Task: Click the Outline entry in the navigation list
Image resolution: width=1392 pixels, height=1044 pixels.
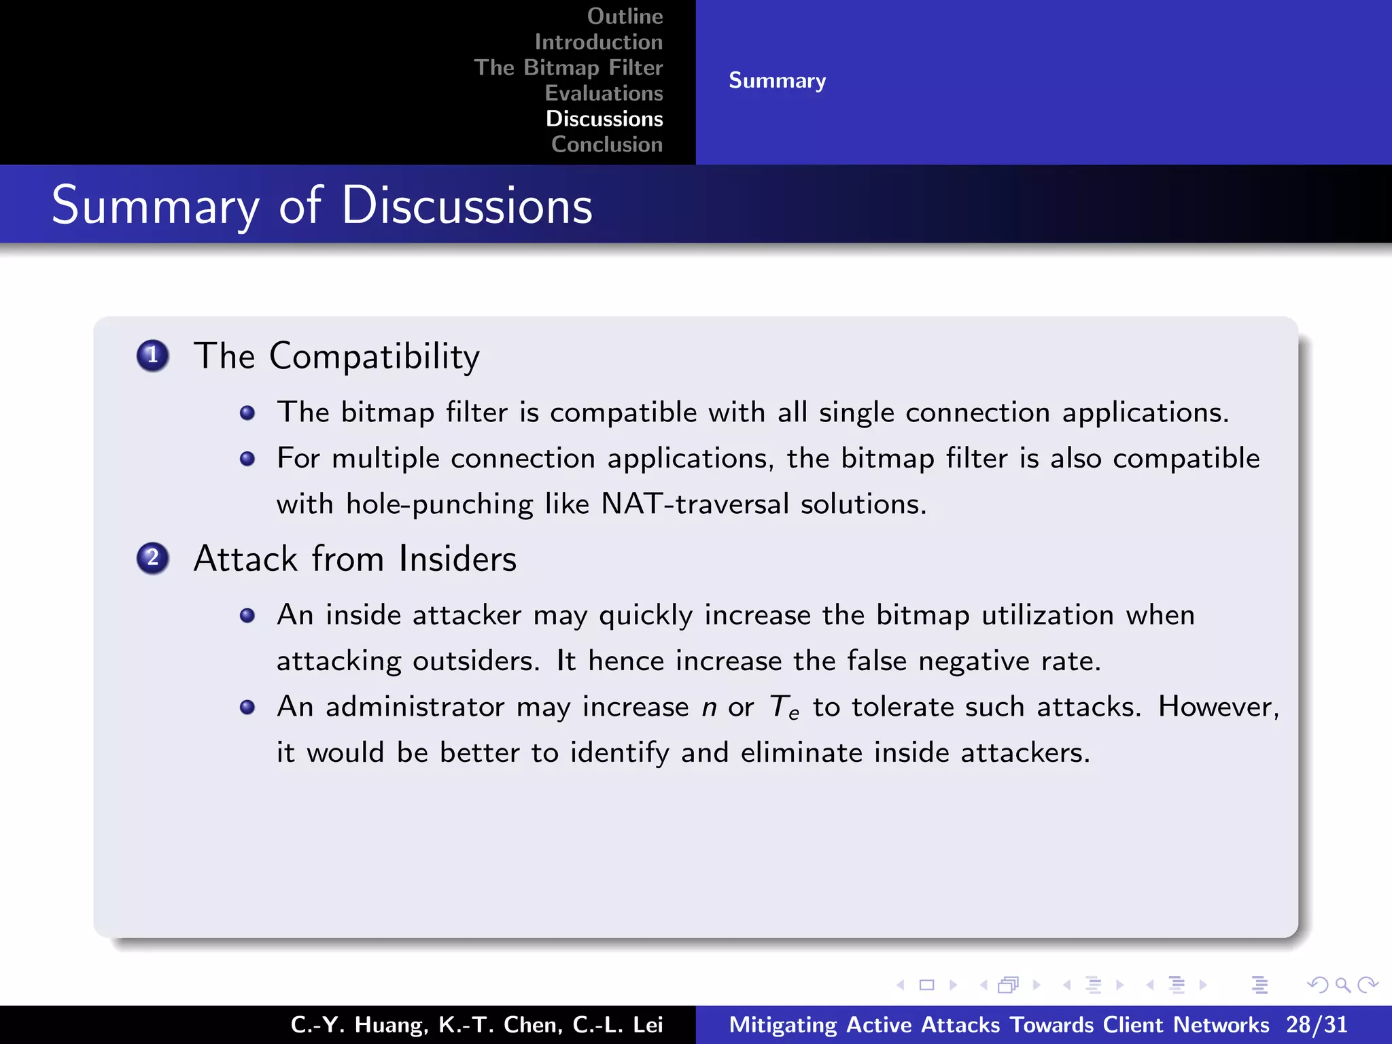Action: pyautogui.click(x=625, y=16)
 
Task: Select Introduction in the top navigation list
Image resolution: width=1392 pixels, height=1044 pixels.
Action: pyautogui.click(x=598, y=42)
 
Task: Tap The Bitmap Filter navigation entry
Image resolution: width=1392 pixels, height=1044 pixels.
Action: pyautogui.click(x=568, y=67)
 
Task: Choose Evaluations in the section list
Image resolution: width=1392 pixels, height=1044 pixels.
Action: pyautogui.click(x=604, y=93)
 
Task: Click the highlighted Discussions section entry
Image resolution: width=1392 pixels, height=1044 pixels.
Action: pyautogui.click(x=604, y=119)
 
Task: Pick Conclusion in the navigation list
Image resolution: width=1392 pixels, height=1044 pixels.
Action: pyautogui.click(x=607, y=145)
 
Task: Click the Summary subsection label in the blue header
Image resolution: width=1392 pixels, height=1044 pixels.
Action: pyautogui.click(x=777, y=81)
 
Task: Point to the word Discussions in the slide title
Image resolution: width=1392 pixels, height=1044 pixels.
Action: pyautogui.click(x=467, y=206)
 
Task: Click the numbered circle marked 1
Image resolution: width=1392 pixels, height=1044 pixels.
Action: pyautogui.click(x=153, y=355)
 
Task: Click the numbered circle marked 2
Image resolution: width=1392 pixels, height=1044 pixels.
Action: pyautogui.click(x=153, y=559)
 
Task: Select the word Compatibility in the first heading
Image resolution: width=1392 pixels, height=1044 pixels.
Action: pyautogui.click(x=375, y=357)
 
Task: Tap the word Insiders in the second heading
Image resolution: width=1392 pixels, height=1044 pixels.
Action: pyautogui.click(x=457, y=559)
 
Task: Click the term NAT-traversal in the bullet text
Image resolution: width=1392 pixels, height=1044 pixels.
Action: pyautogui.click(x=695, y=504)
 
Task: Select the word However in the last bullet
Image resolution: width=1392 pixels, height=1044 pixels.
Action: pyautogui.click(x=1217, y=707)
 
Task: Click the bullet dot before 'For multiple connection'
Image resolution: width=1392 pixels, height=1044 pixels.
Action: pyautogui.click(x=247, y=459)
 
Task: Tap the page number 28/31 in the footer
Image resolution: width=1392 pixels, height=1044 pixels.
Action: pyautogui.click(x=1316, y=1025)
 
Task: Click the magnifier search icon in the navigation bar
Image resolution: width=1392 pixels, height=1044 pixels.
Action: pyautogui.click(x=1342, y=985)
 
